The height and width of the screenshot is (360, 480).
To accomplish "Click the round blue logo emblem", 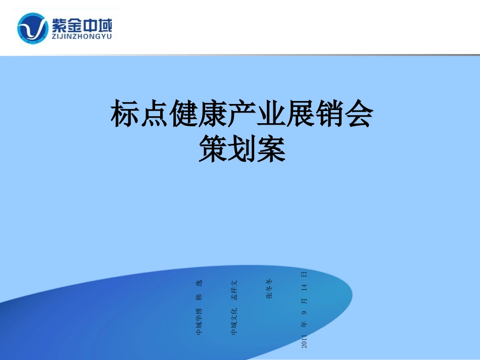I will (x=33, y=28).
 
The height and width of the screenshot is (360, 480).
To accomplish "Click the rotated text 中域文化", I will (x=234, y=321).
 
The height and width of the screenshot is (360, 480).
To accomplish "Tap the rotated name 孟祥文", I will (x=234, y=290).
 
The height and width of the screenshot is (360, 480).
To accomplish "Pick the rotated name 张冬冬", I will (x=269, y=288).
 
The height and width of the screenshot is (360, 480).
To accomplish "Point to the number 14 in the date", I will (x=304, y=288).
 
